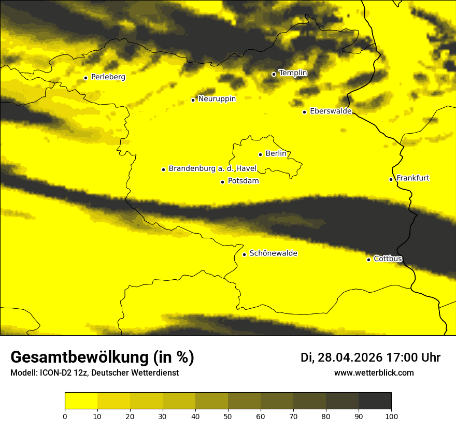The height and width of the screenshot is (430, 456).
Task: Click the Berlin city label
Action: coord(276,154)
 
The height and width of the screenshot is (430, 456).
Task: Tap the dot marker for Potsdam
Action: coord(222,182)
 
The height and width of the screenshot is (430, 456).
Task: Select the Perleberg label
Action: coord(108,77)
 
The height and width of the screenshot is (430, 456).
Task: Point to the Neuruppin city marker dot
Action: coord(193,100)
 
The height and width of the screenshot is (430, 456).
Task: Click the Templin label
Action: coord(293,73)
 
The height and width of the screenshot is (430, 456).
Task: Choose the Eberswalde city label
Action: coord(331,111)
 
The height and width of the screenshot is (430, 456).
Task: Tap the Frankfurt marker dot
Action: coord(391,179)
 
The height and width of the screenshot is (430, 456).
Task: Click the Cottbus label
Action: coord(388,259)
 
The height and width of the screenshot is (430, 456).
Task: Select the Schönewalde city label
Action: coord(273,253)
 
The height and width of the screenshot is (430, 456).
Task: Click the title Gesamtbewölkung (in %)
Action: coord(102,357)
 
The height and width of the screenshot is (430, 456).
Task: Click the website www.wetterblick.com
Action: coord(374,372)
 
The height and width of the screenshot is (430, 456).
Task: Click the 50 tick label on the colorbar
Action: coord(228,416)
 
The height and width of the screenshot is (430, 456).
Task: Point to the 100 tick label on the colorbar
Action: coord(391,416)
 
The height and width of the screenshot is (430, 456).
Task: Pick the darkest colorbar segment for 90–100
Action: coord(375,401)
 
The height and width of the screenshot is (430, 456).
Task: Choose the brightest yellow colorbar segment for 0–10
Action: coord(81,401)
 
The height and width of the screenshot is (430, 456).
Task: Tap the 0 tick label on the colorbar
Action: coord(65,416)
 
